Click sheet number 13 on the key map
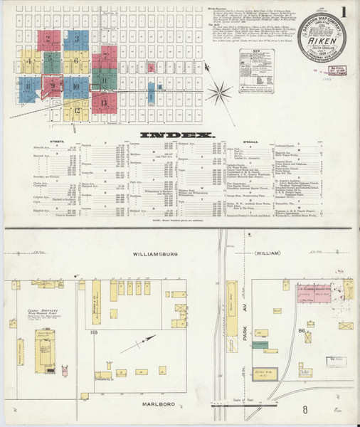coord(104,102)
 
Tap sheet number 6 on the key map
coord(76,61)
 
